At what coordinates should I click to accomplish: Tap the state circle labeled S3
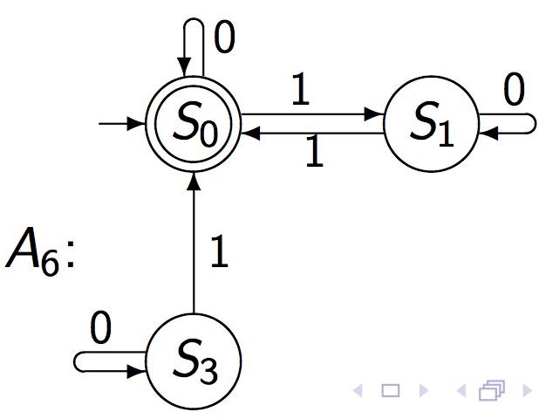click(x=193, y=360)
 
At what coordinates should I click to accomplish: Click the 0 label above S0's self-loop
click(x=225, y=39)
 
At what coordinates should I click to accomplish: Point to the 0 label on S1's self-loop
click(x=514, y=90)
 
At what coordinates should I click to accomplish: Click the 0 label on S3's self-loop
click(x=101, y=330)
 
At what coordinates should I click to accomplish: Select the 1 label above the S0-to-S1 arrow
click(x=301, y=93)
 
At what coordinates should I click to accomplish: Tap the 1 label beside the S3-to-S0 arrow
click(x=219, y=254)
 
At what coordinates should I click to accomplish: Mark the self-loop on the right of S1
click(x=515, y=124)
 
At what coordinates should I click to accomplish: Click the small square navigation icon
click(x=392, y=391)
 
